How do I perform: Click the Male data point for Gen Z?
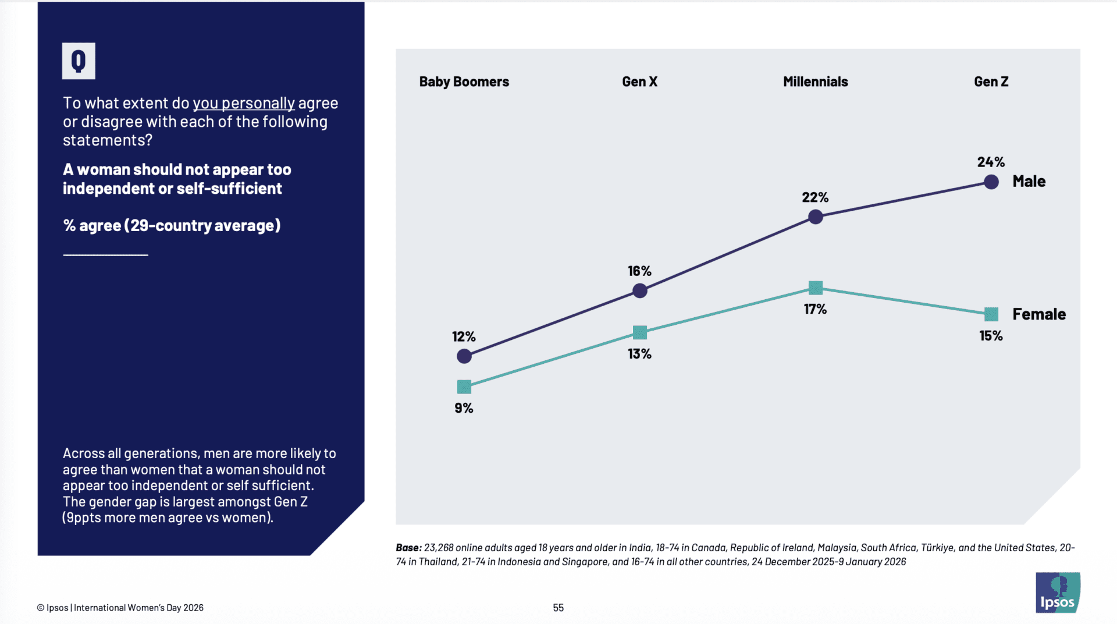pyautogui.click(x=991, y=182)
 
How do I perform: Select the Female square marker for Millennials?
pyautogui.click(x=816, y=288)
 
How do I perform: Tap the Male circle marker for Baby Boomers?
pyautogui.click(x=464, y=356)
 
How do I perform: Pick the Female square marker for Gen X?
pyautogui.click(x=640, y=332)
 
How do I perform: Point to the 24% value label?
pyautogui.click(x=991, y=162)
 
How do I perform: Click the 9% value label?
pyautogui.click(x=464, y=408)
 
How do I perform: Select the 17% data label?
pyautogui.click(x=815, y=309)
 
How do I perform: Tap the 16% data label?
pyautogui.click(x=639, y=271)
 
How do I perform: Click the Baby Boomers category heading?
pyautogui.click(x=464, y=81)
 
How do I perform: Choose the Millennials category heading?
pyautogui.click(x=815, y=81)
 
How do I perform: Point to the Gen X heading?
pyautogui.click(x=639, y=81)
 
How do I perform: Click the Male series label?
pyautogui.click(x=1029, y=181)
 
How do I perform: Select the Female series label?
pyautogui.click(x=1039, y=314)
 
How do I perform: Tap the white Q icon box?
pyautogui.click(x=79, y=61)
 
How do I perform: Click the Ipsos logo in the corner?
pyautogui.click(x=1058, y=593)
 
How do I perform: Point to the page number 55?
pyautogui.click(x=558, y=608)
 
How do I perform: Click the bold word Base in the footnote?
pyautogui.click(x=408, y=548)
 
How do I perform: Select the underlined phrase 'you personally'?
pyautogui.click(x=244, y=103)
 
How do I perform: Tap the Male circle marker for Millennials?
pyautogui.click(x=816, y=217)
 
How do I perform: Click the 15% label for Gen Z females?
pyautogui.click(x=991, y=336)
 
